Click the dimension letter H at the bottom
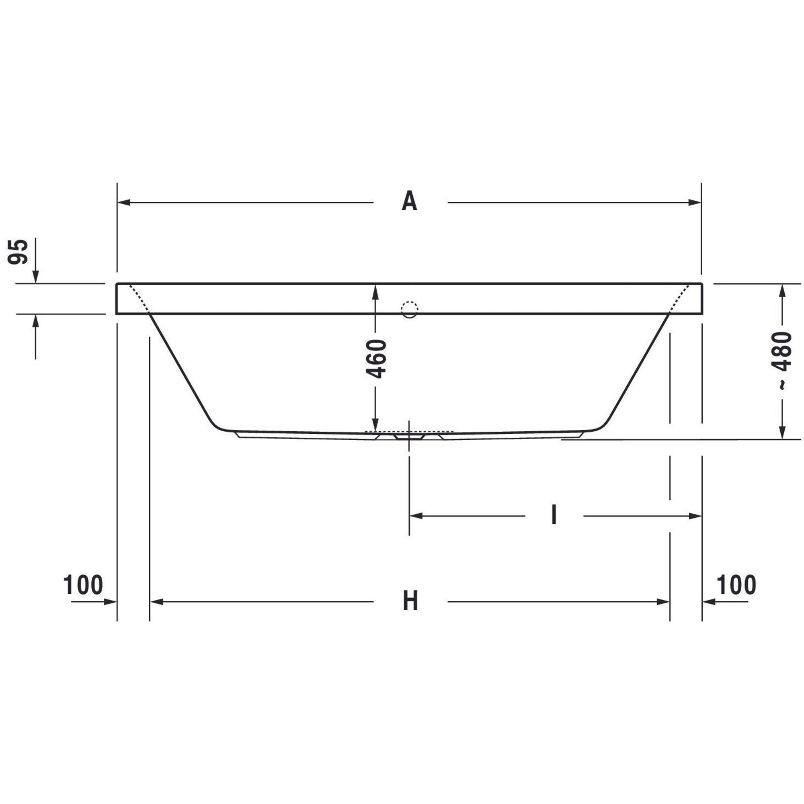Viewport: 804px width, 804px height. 410,601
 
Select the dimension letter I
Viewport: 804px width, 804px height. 554,515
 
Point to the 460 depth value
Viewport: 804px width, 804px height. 377,359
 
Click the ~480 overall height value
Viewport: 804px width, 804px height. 781,360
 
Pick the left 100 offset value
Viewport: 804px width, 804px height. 83,585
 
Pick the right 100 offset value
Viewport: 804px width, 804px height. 736,585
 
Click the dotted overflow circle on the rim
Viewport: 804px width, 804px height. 410,309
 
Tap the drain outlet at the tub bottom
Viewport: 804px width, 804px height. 410,437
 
